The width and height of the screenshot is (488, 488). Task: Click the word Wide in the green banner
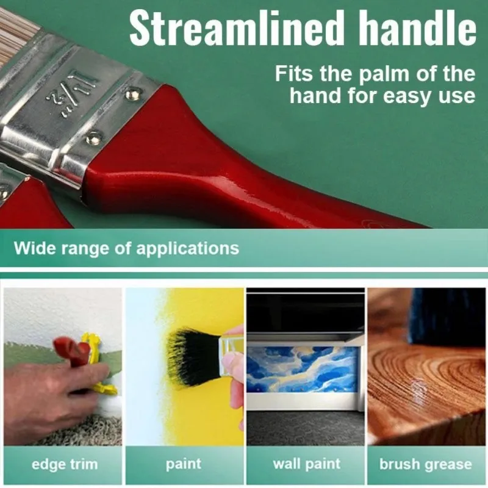coord(32,249)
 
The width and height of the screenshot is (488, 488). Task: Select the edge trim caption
coord(64,464)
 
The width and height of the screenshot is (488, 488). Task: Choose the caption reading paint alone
coord(184,464)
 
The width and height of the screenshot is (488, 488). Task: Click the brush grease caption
coord(425,464)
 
